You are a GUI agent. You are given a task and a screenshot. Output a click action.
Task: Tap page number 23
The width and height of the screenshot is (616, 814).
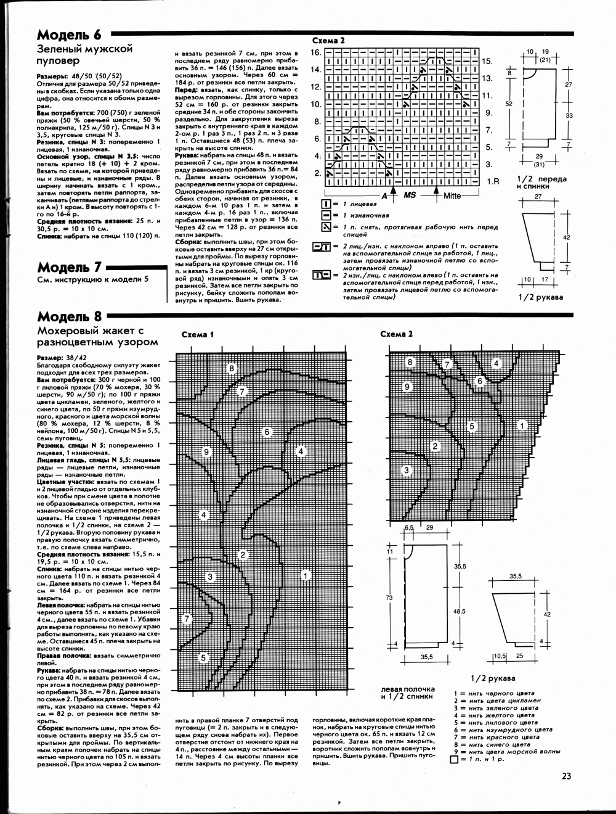pyautogui.click(x=567, y=776)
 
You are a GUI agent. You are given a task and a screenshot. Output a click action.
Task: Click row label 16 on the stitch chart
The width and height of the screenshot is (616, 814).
pyautogui.click(x=316, y=52)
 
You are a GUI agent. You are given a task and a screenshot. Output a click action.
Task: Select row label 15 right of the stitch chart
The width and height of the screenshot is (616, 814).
pyautogui.click(x=487, y=62)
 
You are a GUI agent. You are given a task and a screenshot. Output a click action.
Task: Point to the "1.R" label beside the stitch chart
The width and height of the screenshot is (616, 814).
pyautogui.click(x=492, y=182)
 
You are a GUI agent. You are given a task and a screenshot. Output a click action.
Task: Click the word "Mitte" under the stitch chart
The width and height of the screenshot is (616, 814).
pyautogui.click(x=453, y=195)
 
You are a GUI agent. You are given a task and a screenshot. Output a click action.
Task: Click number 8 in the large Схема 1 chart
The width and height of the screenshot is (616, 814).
pyautogui.click(x=232, y=369)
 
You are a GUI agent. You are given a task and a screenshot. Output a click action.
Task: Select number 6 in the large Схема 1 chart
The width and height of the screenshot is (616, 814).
pyautogui.click(x=267, y=432)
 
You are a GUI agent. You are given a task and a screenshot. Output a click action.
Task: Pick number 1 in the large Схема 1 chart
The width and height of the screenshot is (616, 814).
pyautogui.click(x=305, y=575)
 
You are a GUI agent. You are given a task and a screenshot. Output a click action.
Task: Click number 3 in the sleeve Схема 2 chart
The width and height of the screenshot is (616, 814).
pyautogui.click(x=407, y=471)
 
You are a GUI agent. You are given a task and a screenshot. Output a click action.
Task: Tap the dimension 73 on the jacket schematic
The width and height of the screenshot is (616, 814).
pyautogui.click(x=389, y=598)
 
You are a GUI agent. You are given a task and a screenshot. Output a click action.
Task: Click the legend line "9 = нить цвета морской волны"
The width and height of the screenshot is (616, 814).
pyautogui.click(x=507, y=751)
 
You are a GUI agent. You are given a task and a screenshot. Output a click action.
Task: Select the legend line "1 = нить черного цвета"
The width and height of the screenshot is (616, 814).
pyautogui.click(x=494, y=694)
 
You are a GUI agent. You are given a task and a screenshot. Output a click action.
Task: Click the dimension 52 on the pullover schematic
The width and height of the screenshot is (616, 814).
pyautogui.click(x=509, y=105)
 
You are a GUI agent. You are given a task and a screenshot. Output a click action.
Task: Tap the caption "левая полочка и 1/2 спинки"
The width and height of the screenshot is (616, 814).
pyautogui.click(x=408, y=693)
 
